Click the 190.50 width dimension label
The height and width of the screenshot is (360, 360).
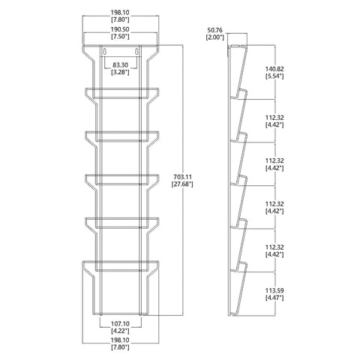click(120, 29)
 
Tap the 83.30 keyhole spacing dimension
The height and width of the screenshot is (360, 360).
click(120, 65)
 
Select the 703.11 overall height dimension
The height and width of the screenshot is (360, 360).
click(182, 177)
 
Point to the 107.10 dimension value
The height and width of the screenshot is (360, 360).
click(120, 324)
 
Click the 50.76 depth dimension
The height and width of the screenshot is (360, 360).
click(214, 30)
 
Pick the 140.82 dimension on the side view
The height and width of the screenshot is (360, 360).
click(274, 69)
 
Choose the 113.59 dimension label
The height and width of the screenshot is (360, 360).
click(274, 291)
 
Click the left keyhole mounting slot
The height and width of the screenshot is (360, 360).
click(105, 52)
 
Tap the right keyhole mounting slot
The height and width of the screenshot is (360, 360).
click(136, 52)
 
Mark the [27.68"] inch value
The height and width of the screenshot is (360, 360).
click(182, 184)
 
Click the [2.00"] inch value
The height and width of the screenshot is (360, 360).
click(214, 37)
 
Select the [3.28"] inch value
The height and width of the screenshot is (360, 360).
click(120, 72)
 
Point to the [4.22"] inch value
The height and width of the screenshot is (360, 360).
click(120, 331)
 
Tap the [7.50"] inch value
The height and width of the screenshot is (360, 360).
click(120, 37)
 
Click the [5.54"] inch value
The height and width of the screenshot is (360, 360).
click(274, 76)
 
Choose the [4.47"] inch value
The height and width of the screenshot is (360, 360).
click(274, 298)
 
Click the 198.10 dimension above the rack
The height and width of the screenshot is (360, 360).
click(120, 12)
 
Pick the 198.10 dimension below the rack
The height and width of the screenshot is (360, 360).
click(120, 340)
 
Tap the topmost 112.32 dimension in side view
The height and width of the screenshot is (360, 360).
click(274, 118)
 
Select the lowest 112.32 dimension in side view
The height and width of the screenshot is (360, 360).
click(274, 247)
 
